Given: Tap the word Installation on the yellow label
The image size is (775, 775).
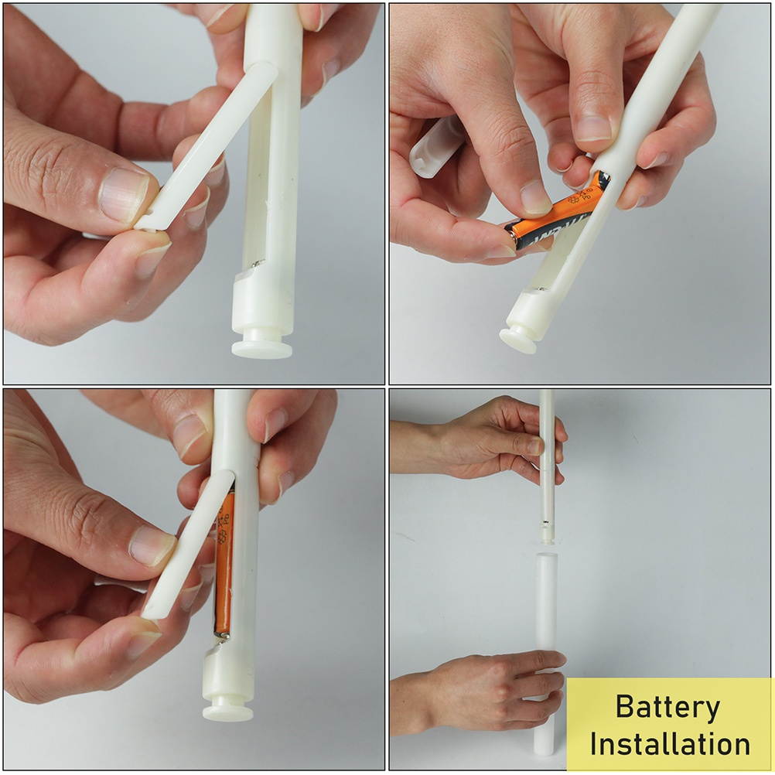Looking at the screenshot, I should [x=670, y=744].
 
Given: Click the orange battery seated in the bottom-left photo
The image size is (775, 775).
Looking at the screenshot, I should [x=224, y=565].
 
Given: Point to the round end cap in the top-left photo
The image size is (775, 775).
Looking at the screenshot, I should [x=262, y=346].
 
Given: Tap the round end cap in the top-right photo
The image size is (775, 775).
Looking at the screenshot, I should [x=517, y=339].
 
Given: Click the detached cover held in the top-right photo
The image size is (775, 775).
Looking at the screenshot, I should [x=436, y=145].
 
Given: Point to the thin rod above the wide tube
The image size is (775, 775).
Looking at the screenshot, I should [x=547, y=464].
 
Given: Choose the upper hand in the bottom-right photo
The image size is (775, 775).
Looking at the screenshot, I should [x=495, y=437].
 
